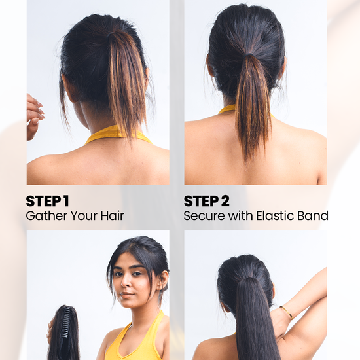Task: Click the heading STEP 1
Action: point(47,201)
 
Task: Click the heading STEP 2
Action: point(206,201)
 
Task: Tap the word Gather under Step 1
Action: point(46,216)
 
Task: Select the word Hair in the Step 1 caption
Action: point(113,216)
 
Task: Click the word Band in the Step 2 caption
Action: point(313,216)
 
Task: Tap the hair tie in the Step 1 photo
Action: point(111,35)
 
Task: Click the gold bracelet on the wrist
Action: point(286,312)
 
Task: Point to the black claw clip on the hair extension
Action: point(66,321)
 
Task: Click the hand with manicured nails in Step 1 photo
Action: point(35,116)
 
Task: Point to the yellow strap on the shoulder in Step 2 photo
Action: point(228,109)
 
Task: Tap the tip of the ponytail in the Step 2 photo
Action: point(246,170)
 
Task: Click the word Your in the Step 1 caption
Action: point(84,216)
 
